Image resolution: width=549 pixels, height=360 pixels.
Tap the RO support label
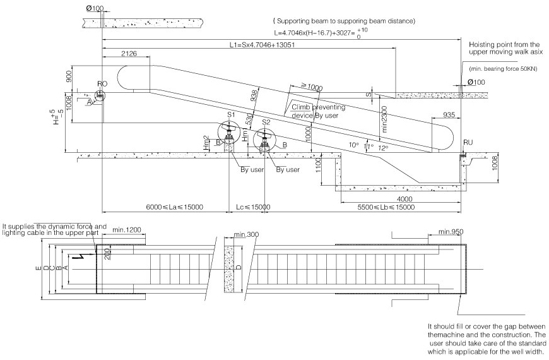pyautogui.click(x=102, y=83)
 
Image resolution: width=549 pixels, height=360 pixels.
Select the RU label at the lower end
pyautogui.click(x=468, y=143)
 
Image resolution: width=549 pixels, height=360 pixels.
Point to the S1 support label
pyautogui.click(x=232, y=115)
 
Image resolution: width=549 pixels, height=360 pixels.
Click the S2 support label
pyautogui.click(x=266, y=121)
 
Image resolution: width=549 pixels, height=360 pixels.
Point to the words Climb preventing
pyautogui.click(x=314, y=107)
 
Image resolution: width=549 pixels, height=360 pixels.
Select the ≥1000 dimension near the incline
pyautogui.click(x=310, y=86)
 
